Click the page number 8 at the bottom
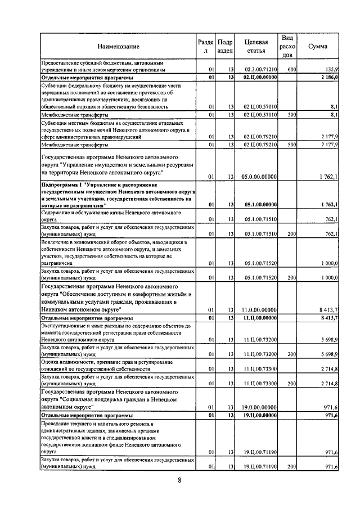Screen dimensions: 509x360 179,480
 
